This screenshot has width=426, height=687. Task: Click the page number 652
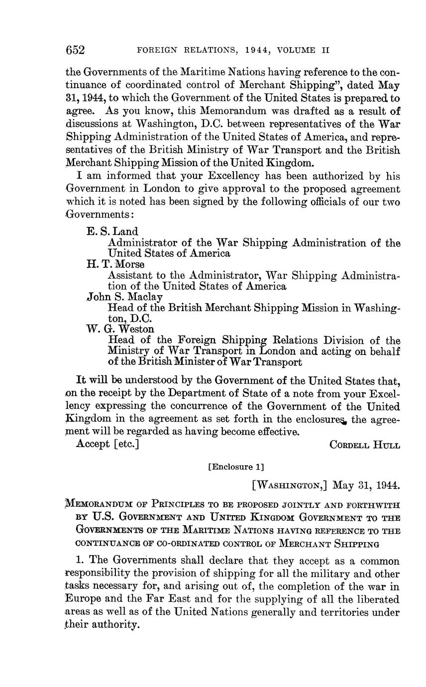76,50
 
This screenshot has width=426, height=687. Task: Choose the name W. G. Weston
120,329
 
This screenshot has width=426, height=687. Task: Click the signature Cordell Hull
365,445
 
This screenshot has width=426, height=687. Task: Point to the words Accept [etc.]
107,444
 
